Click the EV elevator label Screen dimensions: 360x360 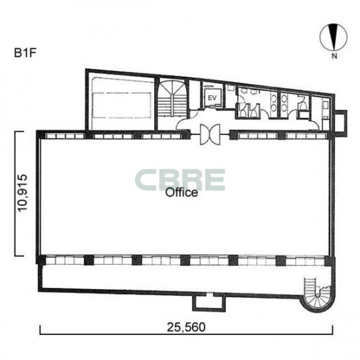coord(212,98)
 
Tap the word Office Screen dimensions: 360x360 coord(181,193)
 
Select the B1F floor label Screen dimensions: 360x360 coord(25,53)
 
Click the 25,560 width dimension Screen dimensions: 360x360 coord(186,327)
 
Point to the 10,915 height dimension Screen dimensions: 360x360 coord(23,193)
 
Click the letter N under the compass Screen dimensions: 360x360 coord(334,56)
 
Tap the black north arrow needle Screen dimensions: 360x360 coord(334,37)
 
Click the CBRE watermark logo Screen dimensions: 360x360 coord(180,180)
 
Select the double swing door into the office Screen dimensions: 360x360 coord(210,135)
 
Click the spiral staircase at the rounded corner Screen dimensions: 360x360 coord(318,296)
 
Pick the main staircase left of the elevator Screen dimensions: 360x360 coord(172,98)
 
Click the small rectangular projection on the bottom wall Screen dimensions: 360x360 coord(209,303)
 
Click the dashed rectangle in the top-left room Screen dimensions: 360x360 coord(122,105)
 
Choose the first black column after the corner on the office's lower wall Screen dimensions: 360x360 coord(89,260)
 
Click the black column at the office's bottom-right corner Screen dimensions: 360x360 coord(330,261)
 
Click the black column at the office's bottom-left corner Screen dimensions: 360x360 coord(41,260)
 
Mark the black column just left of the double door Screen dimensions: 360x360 coord(186,135)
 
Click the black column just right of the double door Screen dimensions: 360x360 coord(234,135)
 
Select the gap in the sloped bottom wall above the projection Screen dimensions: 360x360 coord(209,294)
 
